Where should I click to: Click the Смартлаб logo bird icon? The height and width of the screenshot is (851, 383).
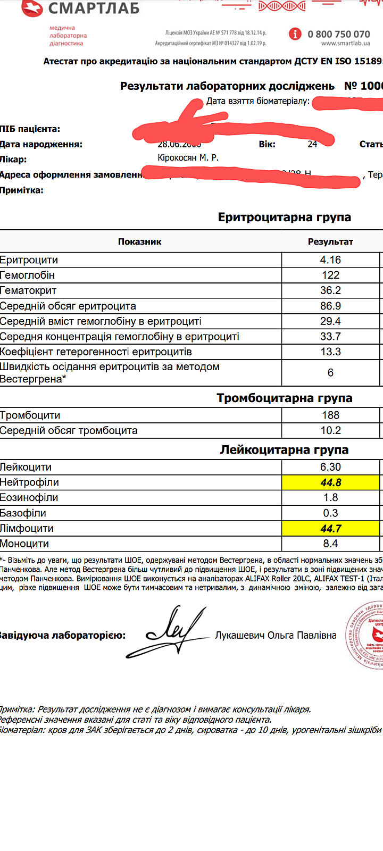pyautogui.click(x=31, y=7)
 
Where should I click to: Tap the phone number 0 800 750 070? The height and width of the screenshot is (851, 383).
pyautogui.click(x=338, y=34)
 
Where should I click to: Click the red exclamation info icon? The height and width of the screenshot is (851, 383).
pyautogui.click(x=295, y=34)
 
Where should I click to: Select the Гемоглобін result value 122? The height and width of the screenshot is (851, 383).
pyautogui.click(x=330, y=275)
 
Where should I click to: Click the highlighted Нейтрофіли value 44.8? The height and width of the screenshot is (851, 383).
pyautogui.click(x=330, y=482)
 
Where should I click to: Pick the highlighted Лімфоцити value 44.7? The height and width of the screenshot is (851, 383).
pyautogui.click(x=330, y=528)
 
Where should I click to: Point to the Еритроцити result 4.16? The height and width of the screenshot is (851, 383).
pyautogui.click(x=330, y=260)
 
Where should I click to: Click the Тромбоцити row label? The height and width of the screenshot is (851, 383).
pyautogui.click(x=30, y=415)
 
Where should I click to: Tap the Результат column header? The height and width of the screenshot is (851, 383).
pyautogui.click(x=330, y=241)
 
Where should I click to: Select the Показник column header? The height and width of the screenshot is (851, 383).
pyautogui.click(x=139, y=241)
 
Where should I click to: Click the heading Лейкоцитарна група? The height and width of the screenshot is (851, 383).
pyautogui.click(x=284, y=450)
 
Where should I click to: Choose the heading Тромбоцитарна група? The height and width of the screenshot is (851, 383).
pyautogui.click(x=284, y=398)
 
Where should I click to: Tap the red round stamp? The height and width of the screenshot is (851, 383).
pyautogui.click(x=367, y=636)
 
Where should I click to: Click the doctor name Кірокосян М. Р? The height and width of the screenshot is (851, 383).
pyautogui.click(x=188, y=158)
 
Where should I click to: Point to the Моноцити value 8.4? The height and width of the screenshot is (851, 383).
pyautogui.click(x=330, y=544)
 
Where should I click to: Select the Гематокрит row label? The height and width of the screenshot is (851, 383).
pyautogui.click(x=28, y=290)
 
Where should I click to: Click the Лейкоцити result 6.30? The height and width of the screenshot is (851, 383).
pyautogui.click(x=330, y=467)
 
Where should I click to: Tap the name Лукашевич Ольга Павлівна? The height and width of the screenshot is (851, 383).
pyautogui.click(x=276, y=635)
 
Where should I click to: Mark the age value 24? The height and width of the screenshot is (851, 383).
pyautogui.click(x=312, y=144)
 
